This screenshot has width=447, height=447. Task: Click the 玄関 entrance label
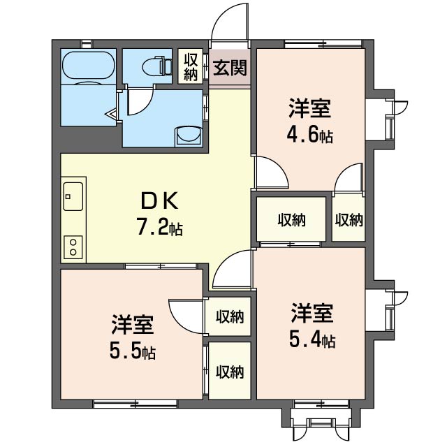click(x=230, y=68)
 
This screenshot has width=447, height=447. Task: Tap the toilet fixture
click(x=157, y=66)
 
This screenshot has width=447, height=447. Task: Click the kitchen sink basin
click(x=73, y=196)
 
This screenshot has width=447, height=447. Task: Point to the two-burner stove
click(x=73, y=247)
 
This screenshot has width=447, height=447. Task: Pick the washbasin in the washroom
click(x=189, y=136)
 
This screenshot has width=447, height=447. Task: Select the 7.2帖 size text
click(x=160, y=226)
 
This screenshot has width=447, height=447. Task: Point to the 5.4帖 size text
click(x=312, y=339)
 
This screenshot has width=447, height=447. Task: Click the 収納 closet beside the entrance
click(x=191, y=66)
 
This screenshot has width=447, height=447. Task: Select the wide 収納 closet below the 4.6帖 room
click(x=291, y=219)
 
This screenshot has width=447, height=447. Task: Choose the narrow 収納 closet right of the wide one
click(x=349, y=219)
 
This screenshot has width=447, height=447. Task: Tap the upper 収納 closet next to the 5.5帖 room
click(x=230, y=316)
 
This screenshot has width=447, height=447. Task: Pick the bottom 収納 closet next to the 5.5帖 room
click(x=230, y=371)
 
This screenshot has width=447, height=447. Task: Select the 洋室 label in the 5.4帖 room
click(x=312, y=314)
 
